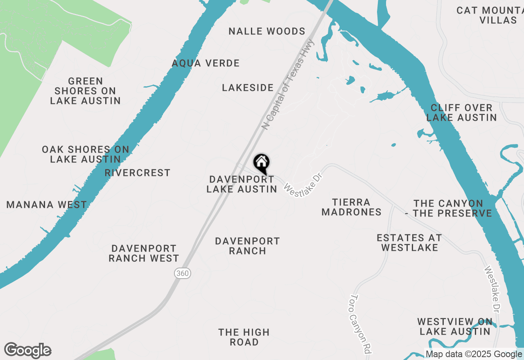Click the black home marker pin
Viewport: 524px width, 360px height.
[261, 163]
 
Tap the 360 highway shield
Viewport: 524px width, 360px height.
[183, 273]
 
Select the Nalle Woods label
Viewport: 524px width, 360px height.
[267, 32]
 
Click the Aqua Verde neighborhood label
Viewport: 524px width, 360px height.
[206, 63]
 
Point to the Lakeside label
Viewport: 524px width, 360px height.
[248, 88]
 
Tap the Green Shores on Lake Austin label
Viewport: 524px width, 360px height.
[85, 91]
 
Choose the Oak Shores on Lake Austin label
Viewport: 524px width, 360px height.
[85, 154]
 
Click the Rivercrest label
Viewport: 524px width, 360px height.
[138, 173]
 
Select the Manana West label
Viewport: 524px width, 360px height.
[47, 205]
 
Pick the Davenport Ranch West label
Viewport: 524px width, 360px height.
[144, 253]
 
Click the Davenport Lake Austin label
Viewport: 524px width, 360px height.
[242, 184]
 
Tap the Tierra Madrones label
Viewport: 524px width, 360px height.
[351, 207]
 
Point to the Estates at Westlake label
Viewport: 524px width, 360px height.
[409, 243]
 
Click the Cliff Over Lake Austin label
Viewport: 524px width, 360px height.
[461, 112]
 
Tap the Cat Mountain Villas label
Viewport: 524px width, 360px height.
[489, 15]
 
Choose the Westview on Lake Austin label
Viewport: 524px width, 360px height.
[455, 326]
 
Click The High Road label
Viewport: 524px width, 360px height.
[244, 337]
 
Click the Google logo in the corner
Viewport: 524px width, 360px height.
[28, 351]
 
